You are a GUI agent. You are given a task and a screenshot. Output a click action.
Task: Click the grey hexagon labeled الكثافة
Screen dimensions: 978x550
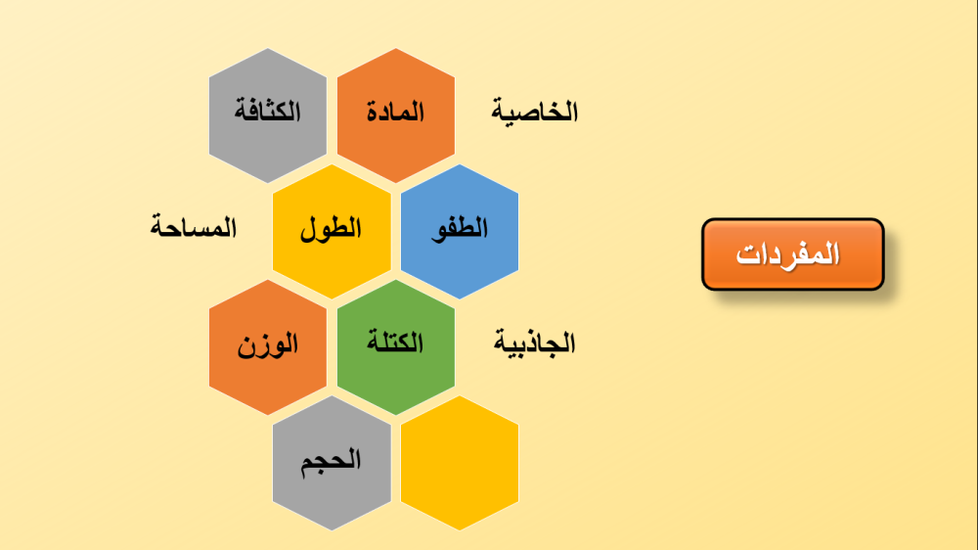[268, 115]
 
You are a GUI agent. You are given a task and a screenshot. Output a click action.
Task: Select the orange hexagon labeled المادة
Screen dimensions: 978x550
[396, 115]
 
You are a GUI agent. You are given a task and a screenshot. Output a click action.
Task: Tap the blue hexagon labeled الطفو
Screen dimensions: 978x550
[460, 232]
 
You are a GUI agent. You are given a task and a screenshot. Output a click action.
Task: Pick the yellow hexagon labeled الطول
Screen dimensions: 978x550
[332, 232]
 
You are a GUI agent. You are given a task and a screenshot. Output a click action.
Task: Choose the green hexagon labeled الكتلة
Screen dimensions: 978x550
[396, 347]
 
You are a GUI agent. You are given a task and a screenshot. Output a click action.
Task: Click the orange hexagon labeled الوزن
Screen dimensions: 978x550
[268, 347]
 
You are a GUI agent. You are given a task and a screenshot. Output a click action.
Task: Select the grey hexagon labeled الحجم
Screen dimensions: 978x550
[332, 463]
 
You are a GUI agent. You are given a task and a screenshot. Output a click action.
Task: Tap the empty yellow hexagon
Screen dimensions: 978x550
[460, 463]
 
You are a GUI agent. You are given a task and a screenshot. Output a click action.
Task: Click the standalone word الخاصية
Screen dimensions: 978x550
[535, 112]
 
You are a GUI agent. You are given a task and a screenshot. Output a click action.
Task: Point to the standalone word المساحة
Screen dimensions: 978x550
[194, 227]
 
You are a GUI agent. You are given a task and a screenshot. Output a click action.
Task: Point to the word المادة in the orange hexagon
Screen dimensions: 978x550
[395, 112]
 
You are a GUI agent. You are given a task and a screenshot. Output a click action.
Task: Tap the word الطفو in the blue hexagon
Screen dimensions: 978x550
[460, 228]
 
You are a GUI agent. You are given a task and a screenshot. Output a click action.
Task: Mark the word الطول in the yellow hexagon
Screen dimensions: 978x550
[332, 229]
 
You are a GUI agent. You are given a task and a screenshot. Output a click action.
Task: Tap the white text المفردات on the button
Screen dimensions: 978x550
[788, 254]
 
